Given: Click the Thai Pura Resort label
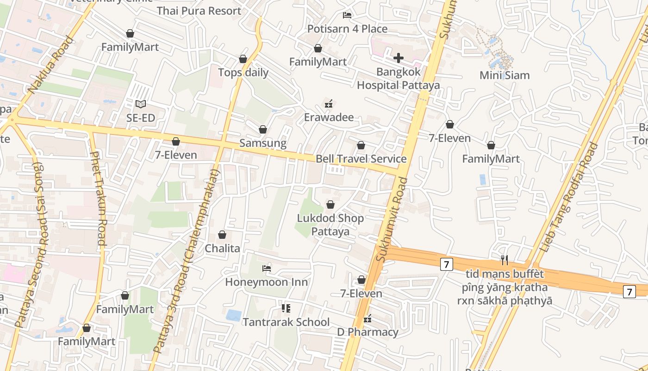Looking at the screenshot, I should point(199,11).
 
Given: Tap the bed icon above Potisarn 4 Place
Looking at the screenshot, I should point(347,15).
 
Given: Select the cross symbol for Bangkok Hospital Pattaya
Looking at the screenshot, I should point(398,58).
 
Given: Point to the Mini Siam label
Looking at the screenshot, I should point(505,75).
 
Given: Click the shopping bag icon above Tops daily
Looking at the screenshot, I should point(243,59).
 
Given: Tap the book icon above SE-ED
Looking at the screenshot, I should point(141,104).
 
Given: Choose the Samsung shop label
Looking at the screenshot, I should point(263,143).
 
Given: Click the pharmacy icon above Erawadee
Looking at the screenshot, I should point(329,104).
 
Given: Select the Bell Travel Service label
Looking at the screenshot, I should point(361,159).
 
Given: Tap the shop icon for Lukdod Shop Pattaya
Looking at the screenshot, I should point(330,205).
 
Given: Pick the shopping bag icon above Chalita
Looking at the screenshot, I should point(222,235).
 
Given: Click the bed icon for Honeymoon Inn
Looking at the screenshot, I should point(266,268).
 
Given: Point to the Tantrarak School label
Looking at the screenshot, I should point(287,322).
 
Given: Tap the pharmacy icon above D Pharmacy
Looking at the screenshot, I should point(368,319).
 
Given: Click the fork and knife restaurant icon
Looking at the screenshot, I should point(505,260).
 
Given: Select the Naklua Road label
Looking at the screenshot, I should point(51,65).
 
